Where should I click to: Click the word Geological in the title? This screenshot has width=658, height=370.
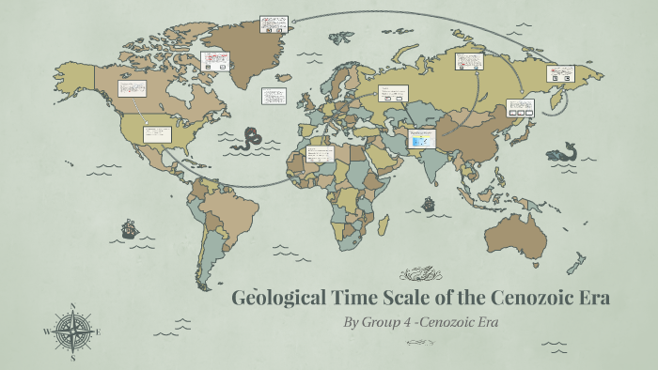tap(277, 299)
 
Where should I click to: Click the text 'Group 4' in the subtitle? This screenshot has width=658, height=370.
tap(394, 322)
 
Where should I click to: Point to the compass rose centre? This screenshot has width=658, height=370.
tap(72, 331)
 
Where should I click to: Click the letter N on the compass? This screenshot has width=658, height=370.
tap(72, 306)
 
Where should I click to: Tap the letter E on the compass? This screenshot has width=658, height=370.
tap(98, 331)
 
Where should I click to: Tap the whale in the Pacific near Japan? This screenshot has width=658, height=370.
tap(564, 153)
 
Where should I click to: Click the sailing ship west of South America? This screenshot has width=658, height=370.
tap(129, 228)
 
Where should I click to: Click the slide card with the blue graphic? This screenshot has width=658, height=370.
tap(421, 139)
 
